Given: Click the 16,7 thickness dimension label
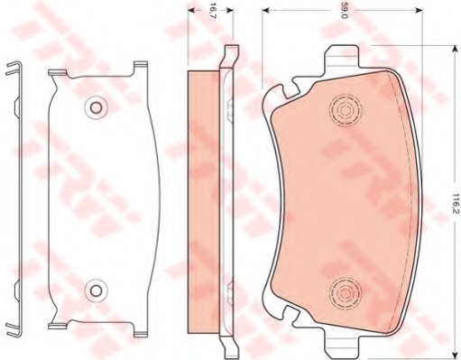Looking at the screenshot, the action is coord(213,11).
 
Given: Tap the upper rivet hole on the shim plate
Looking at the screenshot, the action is coord(96,107).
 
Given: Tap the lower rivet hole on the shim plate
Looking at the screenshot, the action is coord(96,291).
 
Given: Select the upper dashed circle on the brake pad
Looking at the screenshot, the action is coord(345,110).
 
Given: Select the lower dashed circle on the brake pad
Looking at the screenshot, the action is coord(345,291).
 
